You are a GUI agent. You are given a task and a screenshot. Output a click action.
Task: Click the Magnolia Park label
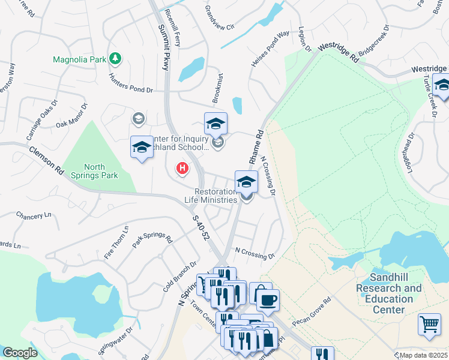click(x=79, y=59)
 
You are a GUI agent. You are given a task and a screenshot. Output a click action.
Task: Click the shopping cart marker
click(x=429, y=324)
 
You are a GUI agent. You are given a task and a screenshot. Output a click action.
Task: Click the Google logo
click(x=20, y=353)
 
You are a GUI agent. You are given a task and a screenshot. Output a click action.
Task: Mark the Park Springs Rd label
click(x=152, y=238)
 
